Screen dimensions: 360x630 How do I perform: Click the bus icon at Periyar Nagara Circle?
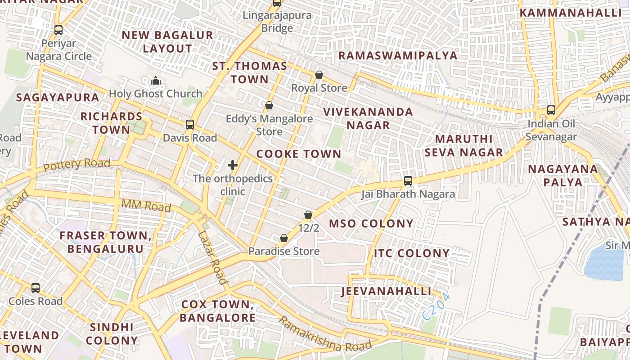click(x=58, y=30)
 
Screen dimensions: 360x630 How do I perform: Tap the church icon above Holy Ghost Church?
click(x=156, y=81)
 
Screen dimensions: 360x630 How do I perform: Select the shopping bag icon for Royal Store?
click(x=319, y=75)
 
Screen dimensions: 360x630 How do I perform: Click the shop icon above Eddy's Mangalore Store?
click(x=269, y=106)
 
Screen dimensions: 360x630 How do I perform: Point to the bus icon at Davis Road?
click(x=190, y=125)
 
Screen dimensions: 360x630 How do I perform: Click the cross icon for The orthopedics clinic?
click(x=233, y=166)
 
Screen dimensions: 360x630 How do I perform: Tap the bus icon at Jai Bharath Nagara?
click(x=408, y=181)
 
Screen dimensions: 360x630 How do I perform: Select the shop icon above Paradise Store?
click(x=284, y=238)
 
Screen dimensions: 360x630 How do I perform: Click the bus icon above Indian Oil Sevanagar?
click(x=551, y=110)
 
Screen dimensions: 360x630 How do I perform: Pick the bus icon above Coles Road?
click(x=36, y=288)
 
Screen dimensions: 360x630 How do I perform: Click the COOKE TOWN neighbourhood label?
click(x=299, y=154)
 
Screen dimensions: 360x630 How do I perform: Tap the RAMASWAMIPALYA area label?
click(x=398, y=56)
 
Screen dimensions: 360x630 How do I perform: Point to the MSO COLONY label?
click(x=371, y=224)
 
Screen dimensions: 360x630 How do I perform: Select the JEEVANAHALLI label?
click(x=387, y=291)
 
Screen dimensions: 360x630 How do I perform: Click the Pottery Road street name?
click(x=77, y=165)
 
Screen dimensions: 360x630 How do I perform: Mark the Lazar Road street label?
click(x=212, y=258)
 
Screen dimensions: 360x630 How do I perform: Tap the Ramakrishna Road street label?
click(x=325, y=334)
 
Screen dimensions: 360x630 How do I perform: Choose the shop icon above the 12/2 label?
click(x=308, y=215)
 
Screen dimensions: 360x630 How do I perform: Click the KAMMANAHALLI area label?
click(x=570, y=13)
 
